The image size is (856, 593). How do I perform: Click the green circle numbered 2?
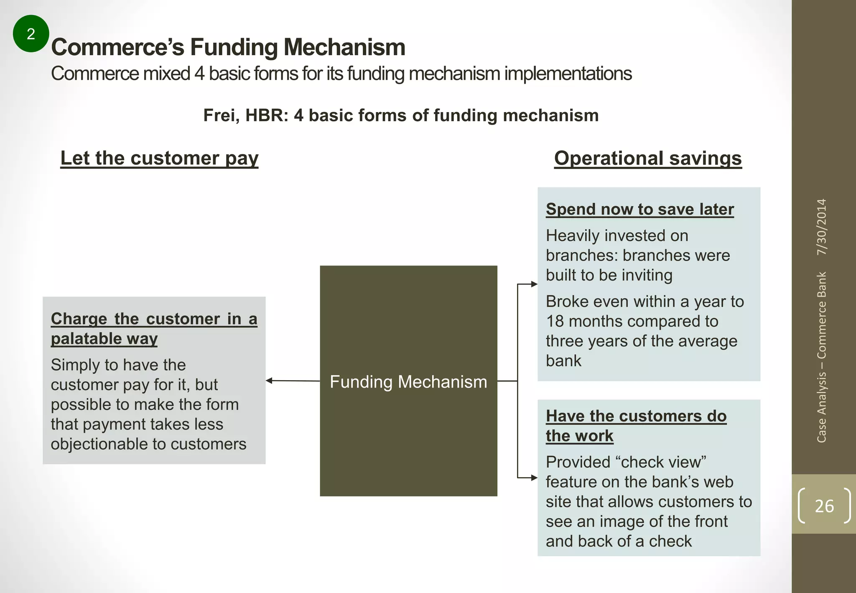pos(31,33)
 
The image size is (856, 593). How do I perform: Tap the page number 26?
pos(824,506)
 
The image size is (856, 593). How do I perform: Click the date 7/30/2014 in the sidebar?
pos(822,227)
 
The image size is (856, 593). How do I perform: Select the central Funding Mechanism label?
pos(408,382)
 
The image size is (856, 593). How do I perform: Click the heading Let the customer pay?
pos(159,158)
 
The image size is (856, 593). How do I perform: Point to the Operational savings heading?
pos(647,158)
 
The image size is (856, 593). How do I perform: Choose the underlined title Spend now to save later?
pos(639,209)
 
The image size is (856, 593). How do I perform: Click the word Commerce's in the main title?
pos(117,47)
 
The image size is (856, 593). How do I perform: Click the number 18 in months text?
pos(555,321)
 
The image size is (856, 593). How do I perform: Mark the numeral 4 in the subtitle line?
pos(199,74)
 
